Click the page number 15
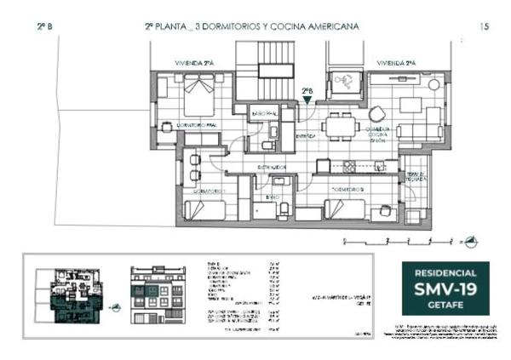coord(485,27)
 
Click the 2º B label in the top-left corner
coord(44,27)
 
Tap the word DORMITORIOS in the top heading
coord(228,27)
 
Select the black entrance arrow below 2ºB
coord(307,100)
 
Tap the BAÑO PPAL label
coord(262,113)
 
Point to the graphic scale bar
coord(392,242)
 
